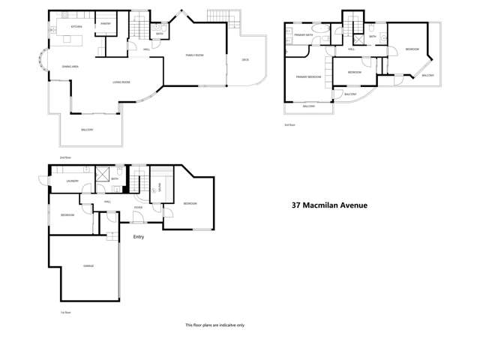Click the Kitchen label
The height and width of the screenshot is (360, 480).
click(x=76, y=27)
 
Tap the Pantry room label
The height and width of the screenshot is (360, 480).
click(x=106, y=23)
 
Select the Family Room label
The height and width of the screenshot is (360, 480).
click(x=196, y=55)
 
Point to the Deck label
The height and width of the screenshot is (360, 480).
click(x=244, y=60)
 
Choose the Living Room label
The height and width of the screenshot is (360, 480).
click(x=121, y=82)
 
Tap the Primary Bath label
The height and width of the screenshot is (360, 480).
click(x=304, y=35)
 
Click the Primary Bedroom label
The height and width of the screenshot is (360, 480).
click(x=308, y=76)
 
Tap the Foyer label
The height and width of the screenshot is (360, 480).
click(x=139, y=208)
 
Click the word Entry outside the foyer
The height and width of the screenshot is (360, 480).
click(x=138, y=237)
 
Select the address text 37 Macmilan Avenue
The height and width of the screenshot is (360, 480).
click(x=329, y=204)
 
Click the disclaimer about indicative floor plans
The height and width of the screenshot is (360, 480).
click(x=214, y=325)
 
